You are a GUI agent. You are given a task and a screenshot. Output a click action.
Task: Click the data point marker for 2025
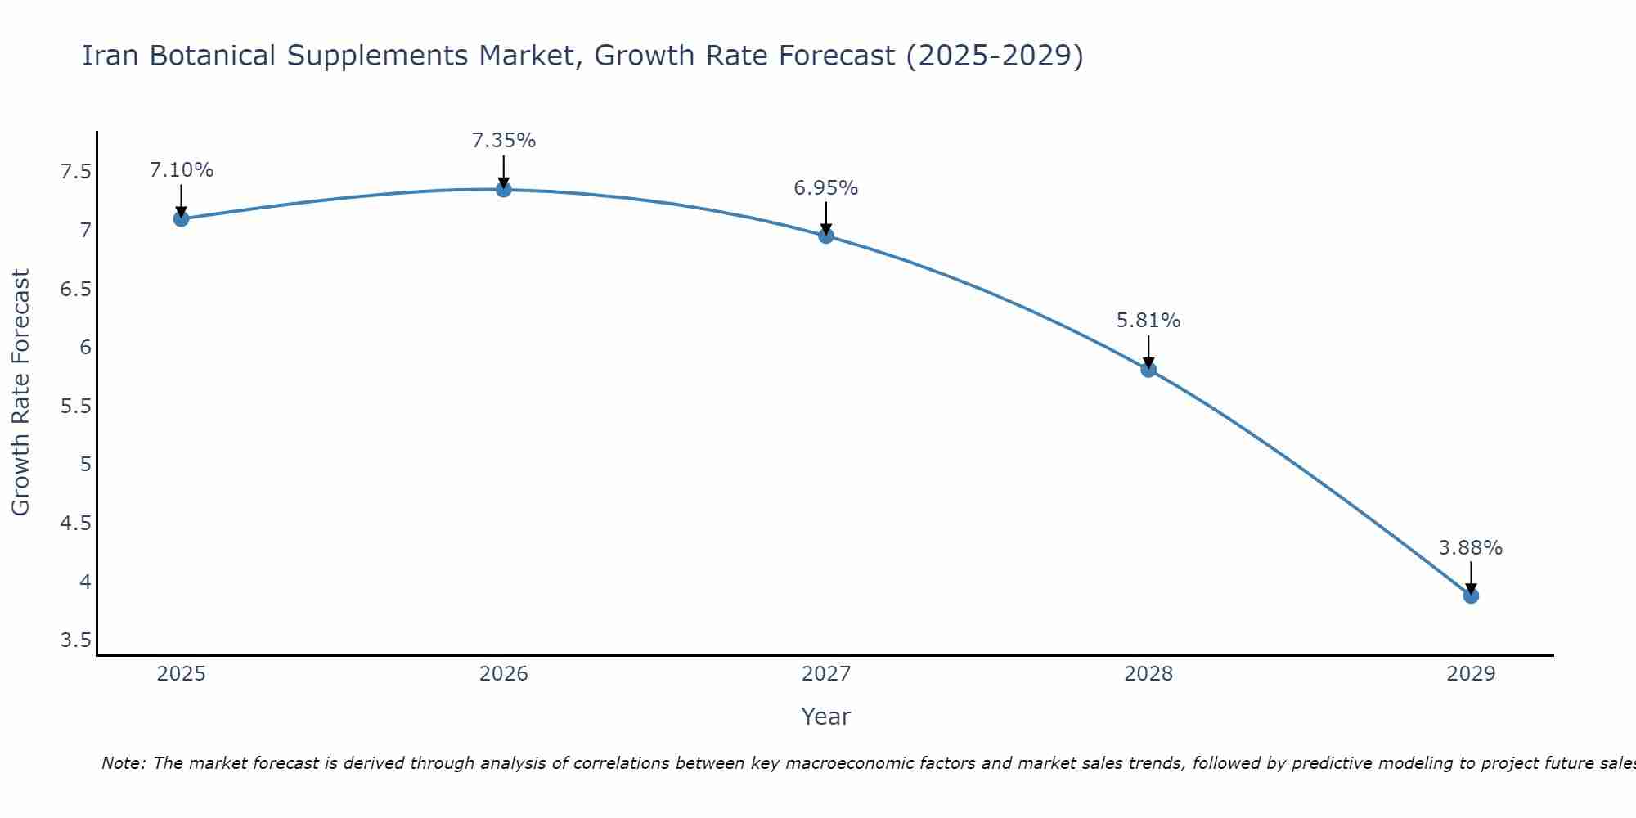(182, 218)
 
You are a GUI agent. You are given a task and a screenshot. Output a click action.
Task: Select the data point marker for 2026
(504, 189)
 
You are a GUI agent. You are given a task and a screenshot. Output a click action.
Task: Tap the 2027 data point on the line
(826, 236)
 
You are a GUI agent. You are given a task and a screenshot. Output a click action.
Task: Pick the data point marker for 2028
(1148, 369)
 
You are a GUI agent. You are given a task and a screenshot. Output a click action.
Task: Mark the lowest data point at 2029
(1471, 596)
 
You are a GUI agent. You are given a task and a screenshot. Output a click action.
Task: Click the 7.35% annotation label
(503, 141)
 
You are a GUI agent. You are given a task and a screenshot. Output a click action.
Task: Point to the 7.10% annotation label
(181, 170)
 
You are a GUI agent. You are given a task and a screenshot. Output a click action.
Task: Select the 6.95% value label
(825, 188)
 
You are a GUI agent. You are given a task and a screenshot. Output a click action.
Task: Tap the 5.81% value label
(1148, 321)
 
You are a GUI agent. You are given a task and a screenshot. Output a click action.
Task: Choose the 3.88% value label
(1470, 548)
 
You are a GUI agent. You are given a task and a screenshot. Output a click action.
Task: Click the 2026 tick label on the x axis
(504, 674)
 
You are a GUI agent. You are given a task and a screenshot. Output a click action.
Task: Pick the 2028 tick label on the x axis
(1148, 674)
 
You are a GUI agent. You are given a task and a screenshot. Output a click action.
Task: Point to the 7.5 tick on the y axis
(75, 172)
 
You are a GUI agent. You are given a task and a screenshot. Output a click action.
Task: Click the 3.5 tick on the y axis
(75, 640)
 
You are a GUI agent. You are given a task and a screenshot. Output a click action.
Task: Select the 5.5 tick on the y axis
(75, 406)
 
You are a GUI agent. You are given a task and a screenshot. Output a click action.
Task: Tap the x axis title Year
(825, 717)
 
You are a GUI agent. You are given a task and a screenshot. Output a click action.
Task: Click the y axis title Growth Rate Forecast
(20, 393)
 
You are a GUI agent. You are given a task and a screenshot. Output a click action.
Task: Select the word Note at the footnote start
(123, 763)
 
